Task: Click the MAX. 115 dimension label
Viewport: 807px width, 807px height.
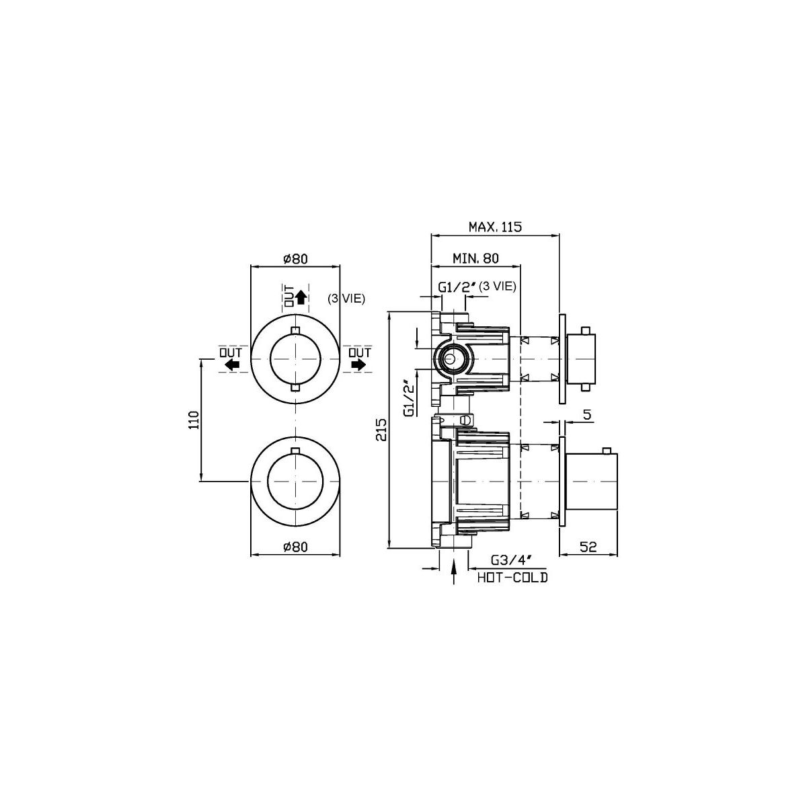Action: point(495,227)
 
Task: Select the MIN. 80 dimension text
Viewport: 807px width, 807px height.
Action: point(475,258)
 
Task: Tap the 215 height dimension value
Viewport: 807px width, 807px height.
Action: point(381,429)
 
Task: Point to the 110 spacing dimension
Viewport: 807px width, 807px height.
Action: point(194,420)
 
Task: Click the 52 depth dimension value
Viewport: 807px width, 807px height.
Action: point(588,547)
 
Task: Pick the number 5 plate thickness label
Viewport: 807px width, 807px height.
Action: point(587,415)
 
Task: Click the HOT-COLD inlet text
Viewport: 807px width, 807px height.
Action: point(512,578)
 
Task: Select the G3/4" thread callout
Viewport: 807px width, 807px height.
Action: point(512,560)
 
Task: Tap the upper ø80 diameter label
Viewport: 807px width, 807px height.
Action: point(295,259)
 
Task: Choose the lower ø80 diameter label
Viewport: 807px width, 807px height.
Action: point(295,547)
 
